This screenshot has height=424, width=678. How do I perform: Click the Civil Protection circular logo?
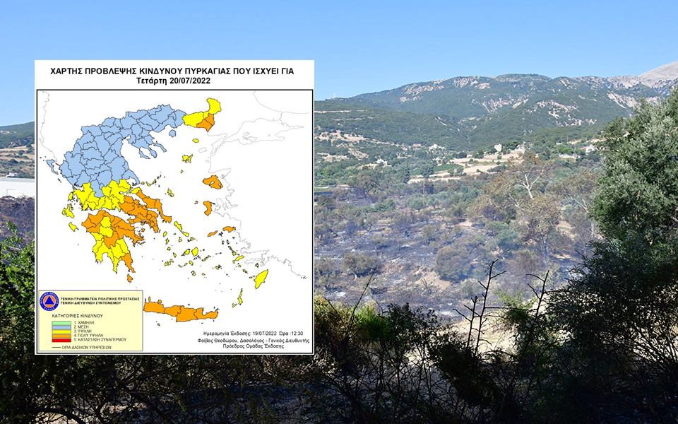(x=49, y=301)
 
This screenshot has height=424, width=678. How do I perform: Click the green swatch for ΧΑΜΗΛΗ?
(x=61, y=322)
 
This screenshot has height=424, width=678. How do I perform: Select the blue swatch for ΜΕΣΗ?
(x=61, y=326)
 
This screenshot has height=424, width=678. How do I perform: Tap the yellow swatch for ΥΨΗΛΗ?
(x=61, y=331)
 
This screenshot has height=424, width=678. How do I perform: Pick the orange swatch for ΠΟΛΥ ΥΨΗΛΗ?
(x=61, y=335)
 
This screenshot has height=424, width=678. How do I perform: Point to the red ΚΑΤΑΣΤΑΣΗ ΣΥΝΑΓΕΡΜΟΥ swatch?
(x=61, y=339)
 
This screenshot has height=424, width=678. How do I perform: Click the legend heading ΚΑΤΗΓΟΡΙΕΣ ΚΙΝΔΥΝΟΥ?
(x=78, y=315)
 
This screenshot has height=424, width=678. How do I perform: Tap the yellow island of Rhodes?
(x=261, y=278)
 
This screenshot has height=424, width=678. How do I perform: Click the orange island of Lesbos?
(x=213, y=182)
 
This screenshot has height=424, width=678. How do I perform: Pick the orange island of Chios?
(x=208, y=208)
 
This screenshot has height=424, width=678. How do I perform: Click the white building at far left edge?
(x=14, y=187)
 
